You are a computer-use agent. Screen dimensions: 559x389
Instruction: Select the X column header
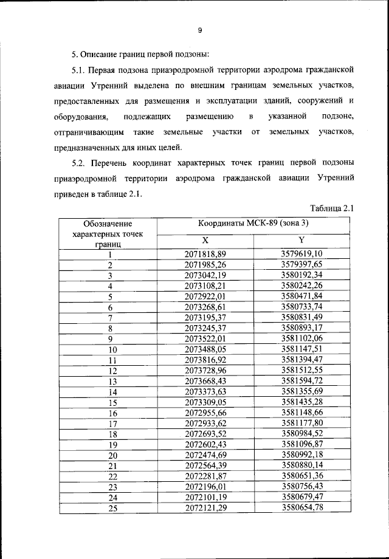tap(205, 241)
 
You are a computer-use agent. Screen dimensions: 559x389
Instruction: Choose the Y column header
tap(301, 241)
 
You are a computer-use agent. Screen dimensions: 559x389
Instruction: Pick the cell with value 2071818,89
tap(205, 253)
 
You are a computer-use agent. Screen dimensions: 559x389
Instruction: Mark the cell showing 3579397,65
tap(301, 265)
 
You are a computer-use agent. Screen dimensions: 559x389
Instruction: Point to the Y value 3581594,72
tap(301, 381)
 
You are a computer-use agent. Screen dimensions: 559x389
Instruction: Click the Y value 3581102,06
tap(301, 338)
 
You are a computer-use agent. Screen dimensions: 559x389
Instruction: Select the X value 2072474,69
tap(205, 454)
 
